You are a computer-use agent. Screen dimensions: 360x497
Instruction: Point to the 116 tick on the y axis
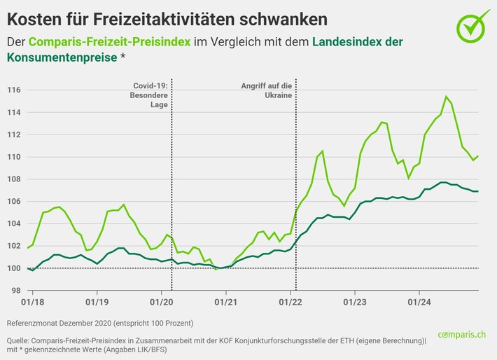(x=14, y=90)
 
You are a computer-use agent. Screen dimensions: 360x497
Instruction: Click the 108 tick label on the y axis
(x=14, y=179)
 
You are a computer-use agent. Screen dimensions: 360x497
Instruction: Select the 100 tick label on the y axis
(x=14, y=268)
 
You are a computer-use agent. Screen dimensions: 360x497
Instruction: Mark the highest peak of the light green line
(x=446, y=97)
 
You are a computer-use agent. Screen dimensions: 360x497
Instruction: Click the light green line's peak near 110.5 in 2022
(x=322, y=151)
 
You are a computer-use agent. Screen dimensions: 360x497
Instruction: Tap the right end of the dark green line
(x=478, y=191)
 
